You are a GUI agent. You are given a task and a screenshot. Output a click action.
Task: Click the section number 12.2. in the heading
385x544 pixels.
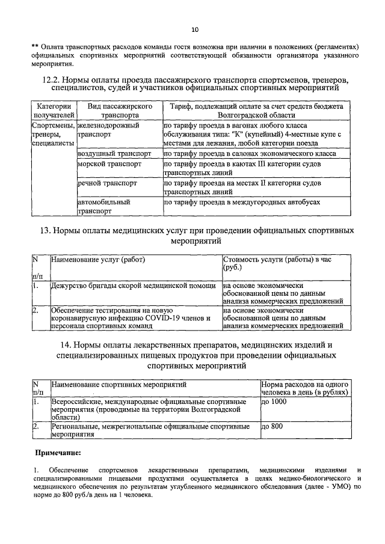coord(53,80)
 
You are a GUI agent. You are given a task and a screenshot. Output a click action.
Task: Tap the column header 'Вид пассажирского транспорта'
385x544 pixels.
coord(119,110)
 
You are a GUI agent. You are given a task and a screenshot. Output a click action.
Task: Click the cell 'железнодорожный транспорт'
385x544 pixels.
coord(109,130)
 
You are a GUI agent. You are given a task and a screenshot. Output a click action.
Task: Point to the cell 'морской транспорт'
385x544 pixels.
coord(109,164)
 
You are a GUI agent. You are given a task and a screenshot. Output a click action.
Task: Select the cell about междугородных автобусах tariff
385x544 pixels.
coord(246,203)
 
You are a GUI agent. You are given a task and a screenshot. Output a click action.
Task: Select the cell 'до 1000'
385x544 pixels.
coord(276,402)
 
